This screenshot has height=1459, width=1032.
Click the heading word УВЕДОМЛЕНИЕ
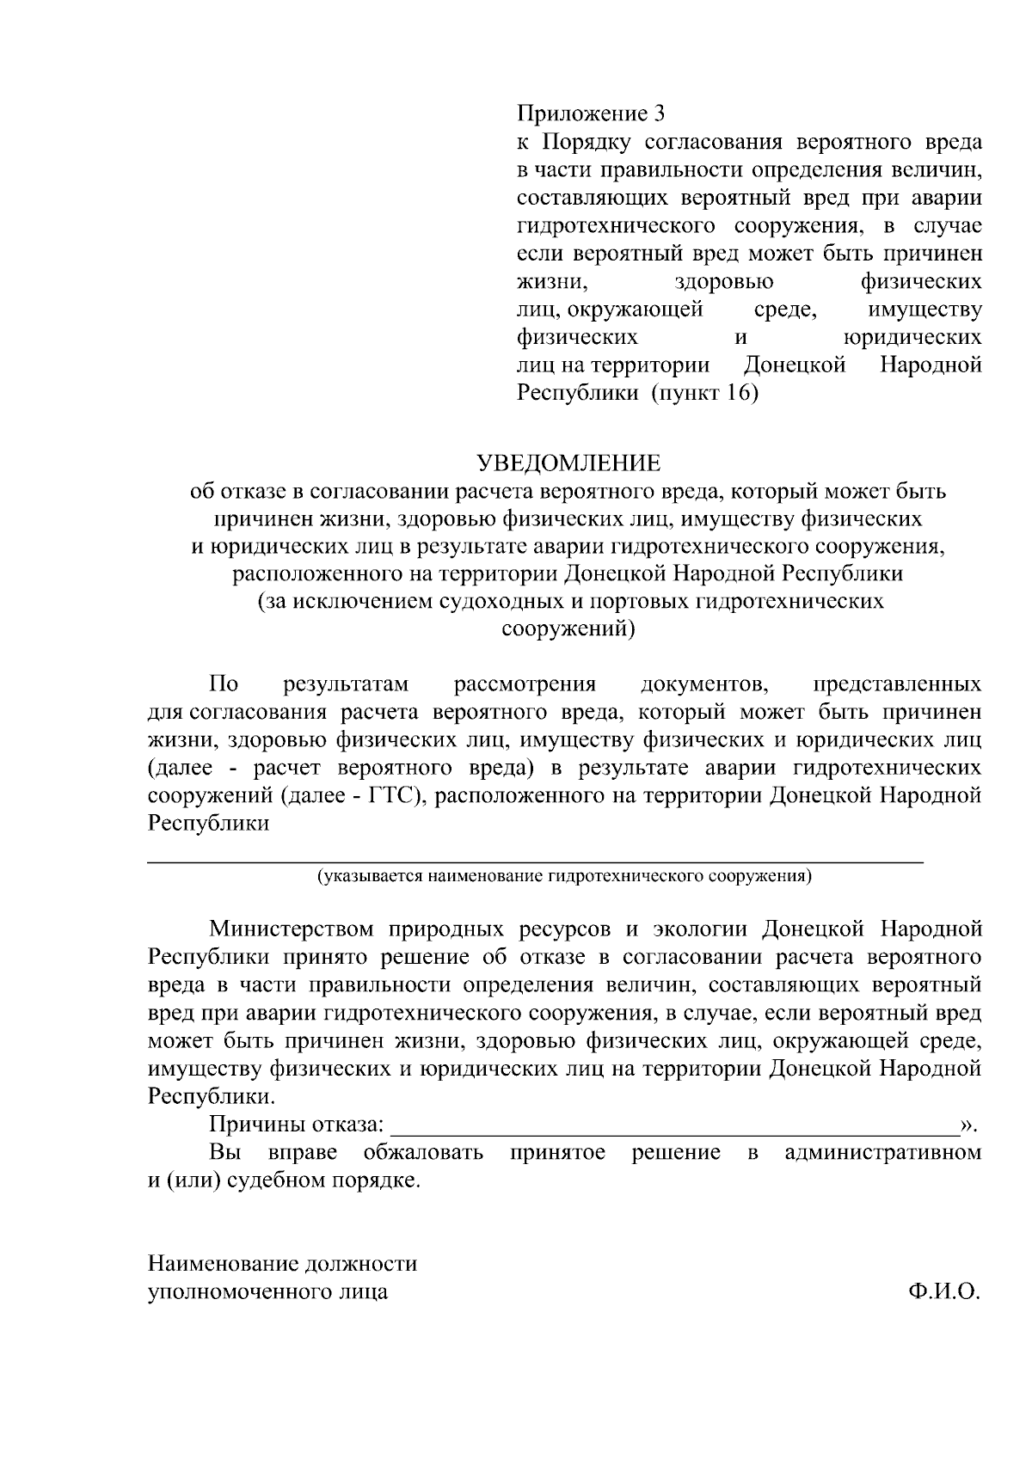569,464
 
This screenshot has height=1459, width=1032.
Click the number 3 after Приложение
660,113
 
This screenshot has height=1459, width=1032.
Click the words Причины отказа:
297,1125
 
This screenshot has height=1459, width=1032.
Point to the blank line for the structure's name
535,859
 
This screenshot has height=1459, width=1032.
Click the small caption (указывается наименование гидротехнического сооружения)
564,876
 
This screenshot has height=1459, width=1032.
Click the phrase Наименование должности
282,1264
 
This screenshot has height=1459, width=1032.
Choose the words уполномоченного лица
267,1291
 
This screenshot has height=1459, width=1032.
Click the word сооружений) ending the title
568,629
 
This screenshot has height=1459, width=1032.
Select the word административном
882,1153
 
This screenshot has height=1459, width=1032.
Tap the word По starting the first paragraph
224,684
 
